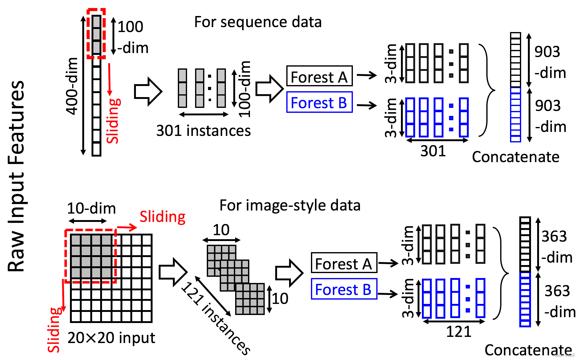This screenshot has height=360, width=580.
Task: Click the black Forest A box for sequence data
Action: click(x=319, y=76)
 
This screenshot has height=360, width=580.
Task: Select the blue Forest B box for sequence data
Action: click(x=319, y=102)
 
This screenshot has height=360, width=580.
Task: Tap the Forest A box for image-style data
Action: click(x=344, y=263)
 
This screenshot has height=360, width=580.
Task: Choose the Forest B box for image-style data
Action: click(x=344, y=289)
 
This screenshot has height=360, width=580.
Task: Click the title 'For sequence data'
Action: click(x=258, y=22)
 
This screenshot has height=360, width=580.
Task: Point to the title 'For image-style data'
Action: click(x=290, y=205)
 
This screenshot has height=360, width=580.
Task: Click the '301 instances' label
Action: click(x=203, y=131)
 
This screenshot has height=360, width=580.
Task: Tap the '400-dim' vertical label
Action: click(x=72, y=86)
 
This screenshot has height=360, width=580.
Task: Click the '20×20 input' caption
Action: click(x=111, y=338)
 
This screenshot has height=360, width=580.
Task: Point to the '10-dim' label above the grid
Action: click(x=91, y=209)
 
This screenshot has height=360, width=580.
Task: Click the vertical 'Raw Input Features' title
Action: click(x=16, y=176)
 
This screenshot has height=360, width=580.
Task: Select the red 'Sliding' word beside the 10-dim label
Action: click(x=162, y=217)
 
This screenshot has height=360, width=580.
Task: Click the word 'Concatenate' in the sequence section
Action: click(x=516, y=157)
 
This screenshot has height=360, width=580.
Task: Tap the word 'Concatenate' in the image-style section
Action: click(x=528, y=350)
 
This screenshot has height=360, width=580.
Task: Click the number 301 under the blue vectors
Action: click(x=433, y=151)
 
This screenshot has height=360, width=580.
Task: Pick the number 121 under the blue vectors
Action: click(x=459, y=332)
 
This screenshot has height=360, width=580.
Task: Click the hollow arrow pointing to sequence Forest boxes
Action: click(x=269, y=88)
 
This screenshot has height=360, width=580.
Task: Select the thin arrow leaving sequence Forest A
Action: click(x=367, y=75)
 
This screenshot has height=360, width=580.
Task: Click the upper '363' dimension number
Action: click(x=554, y=237)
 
